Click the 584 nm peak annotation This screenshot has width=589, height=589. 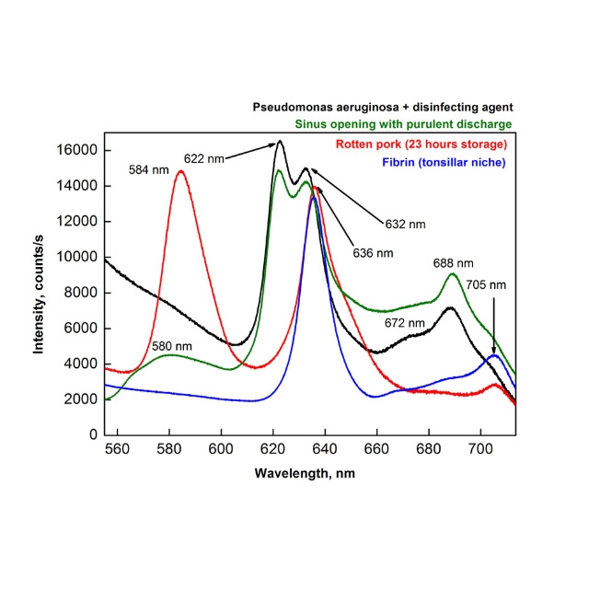(x=150, y=169)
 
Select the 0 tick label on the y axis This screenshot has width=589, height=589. (x=94, y=434)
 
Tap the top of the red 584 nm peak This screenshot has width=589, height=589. (x=180, y=172)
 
